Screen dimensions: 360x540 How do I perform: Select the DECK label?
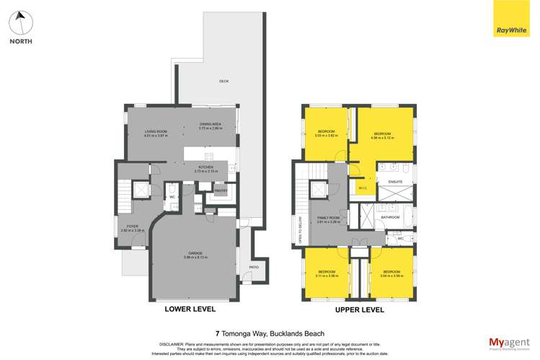coord(224,82)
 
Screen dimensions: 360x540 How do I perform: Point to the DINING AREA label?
coord(211,124)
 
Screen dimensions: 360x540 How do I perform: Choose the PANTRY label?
coord(219,190)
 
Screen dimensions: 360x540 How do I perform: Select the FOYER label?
coord(133,227)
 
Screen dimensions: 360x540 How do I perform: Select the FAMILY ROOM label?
coord(328,219)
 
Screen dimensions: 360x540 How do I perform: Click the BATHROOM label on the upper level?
coord(391,216)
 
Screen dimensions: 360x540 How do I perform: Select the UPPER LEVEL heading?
coord(360,309)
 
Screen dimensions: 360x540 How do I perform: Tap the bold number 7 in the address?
coord(218,333)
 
